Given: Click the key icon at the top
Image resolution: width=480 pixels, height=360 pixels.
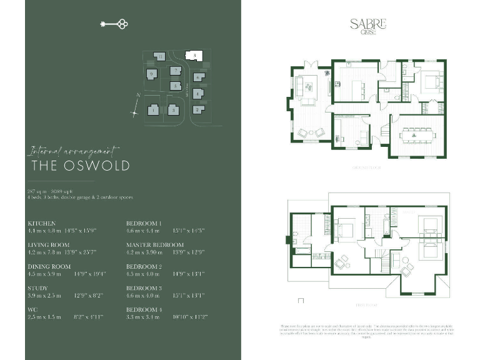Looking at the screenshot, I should tap(114, 24).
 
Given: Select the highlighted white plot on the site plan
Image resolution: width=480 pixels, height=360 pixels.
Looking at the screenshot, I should tap(195, 56).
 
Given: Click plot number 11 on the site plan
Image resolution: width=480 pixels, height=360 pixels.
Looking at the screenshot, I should tap(161, 57).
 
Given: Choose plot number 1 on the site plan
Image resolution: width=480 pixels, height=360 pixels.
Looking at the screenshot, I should tap(152, 111).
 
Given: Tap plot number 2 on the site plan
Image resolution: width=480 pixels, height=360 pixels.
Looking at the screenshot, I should tap(197, 110).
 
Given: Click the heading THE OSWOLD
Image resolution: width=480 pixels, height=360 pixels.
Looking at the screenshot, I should tap(81, 166).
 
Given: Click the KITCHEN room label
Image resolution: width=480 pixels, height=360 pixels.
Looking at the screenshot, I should tap(42, 223).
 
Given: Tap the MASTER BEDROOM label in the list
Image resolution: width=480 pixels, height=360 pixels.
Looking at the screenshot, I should tap(155, 245).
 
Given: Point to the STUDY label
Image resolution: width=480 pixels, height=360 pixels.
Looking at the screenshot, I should tap(37, 288).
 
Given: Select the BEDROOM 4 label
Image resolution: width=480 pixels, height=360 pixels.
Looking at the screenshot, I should tap(144, 310).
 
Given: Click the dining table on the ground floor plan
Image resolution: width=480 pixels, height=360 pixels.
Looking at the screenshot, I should tap(417, 133).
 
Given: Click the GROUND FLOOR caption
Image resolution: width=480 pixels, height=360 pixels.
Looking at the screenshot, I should tap(366, 168).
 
